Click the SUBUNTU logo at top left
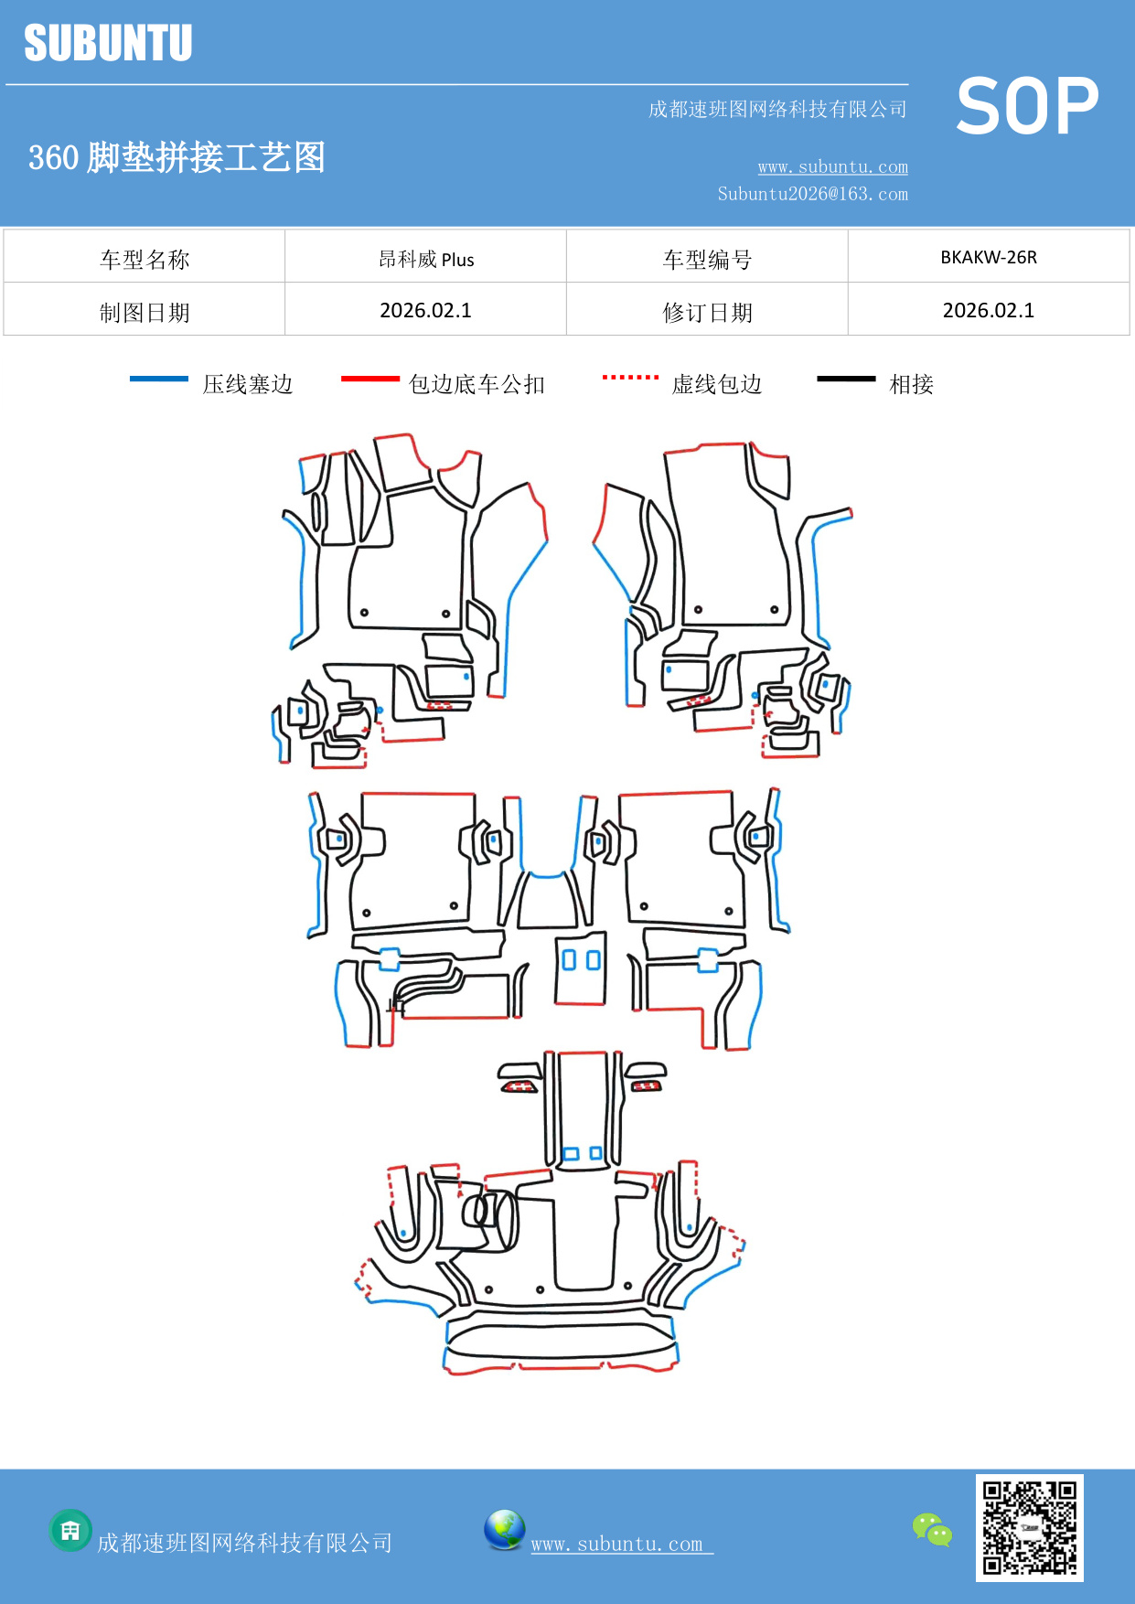coord(108,43)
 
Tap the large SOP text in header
coord(1026,107)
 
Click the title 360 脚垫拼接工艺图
coord(177,157)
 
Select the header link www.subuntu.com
coord(832,166)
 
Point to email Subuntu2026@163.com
coord(812,194)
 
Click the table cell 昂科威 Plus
coord(426,259)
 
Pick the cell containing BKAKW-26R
coord(988,257)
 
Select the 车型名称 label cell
coord(145,260)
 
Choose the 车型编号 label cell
coord(707,260)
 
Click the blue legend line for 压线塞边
coord(159,379)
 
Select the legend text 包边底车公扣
coord(476,384)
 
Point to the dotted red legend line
coord(630,377)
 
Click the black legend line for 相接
coord(846,379)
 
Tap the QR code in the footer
coord(1029,1527)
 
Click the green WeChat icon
coord(932,1529)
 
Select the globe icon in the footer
coord(504,1530)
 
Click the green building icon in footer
coord(70,1530)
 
